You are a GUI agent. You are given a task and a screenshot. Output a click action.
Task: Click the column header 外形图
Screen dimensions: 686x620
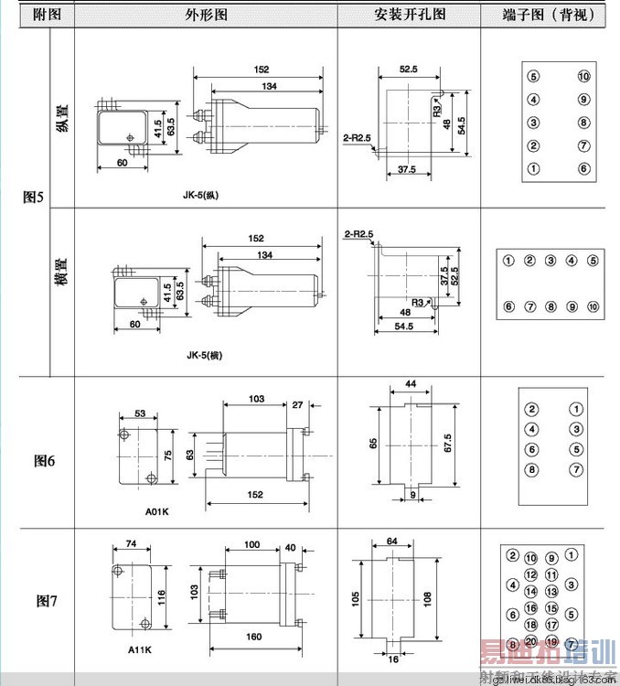(206, 16)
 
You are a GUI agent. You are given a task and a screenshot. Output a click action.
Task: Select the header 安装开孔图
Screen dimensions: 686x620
(409, 16)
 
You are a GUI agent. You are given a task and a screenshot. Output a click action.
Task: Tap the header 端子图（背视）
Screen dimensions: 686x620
(549, 16)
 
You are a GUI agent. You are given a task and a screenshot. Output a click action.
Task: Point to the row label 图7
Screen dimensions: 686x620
(47, 601)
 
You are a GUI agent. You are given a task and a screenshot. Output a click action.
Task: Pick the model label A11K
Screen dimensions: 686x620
(140, 650)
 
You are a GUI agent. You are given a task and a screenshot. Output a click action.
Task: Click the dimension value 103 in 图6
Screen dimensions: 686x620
(255, 401)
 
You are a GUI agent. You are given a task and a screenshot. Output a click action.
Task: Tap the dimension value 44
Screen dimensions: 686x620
(411, 383)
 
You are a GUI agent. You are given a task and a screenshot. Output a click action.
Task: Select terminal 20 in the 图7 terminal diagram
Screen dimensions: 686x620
(531, 640)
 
